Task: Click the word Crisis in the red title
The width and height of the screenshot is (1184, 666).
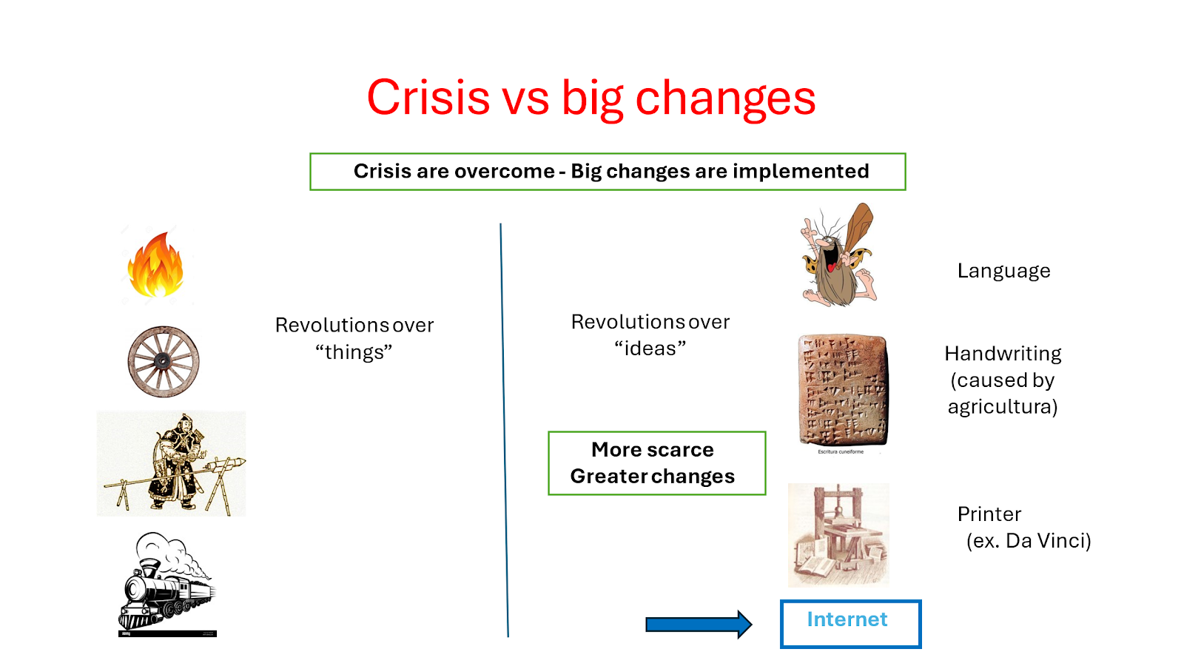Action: click(x=428, y=97)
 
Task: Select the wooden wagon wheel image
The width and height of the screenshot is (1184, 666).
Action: click(x=164, y=362)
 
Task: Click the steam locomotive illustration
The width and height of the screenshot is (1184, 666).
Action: click(x=167, y=584)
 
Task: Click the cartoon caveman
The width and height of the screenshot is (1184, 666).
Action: click(x=838, y=255)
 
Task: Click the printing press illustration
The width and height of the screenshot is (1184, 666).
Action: click(x=838, y=535)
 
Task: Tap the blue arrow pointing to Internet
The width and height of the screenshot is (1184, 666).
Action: click(x=699, y=625)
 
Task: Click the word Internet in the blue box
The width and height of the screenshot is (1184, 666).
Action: click(x=847, y=619)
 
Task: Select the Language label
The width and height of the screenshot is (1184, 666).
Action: click(x=1003, y=271)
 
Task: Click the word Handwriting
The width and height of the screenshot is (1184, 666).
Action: click(x=1003, y=354)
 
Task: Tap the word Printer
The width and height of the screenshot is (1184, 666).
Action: click(x=989, y=514)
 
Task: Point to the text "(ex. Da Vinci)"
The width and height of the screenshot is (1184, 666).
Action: click(x=1029, y=541)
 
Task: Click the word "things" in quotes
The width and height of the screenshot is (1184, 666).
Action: click(x=354, y=352)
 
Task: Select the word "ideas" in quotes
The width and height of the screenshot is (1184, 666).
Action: click(x=650, y=349)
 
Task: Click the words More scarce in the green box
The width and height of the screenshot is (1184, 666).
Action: click(x=652, y=449)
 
